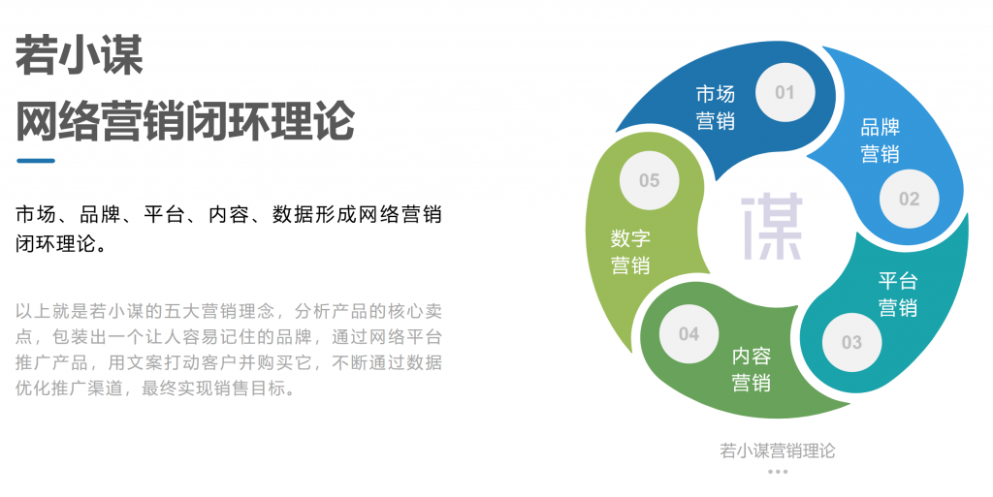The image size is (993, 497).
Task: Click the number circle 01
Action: pyautogui.click(x=784, y=93)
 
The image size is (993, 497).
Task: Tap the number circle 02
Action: pyautogui.click(x=909, y=200)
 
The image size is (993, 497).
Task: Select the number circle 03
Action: pyautogui.click(x=851, y=342)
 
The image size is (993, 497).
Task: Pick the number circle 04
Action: pyautogui.click(x=689, y=334)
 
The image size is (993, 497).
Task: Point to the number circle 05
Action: pyautogui.click(x=649, y=181)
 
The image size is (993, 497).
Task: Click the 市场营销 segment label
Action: pyautogui.click(x=716, y=108)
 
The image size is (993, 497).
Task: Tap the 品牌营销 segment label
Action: pyautogui.click(x=881, y=140)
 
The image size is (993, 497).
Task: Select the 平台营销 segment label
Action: pyautogui.click(x=898, y=295)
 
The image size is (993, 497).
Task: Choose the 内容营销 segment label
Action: pyautogui.click(x=752, y=369)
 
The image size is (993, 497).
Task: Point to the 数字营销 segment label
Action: pyautogui.click(x=630, y=252)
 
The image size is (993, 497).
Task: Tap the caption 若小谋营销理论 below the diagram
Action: pyautogui.click(x=777, y=450)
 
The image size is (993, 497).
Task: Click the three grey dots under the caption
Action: pyautogui.click(x=777, y=472)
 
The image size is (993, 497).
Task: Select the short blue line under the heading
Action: pyautogui.click(x=36, y=161)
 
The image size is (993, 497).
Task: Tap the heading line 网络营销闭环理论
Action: pyautogui.click(x=185, y=121)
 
